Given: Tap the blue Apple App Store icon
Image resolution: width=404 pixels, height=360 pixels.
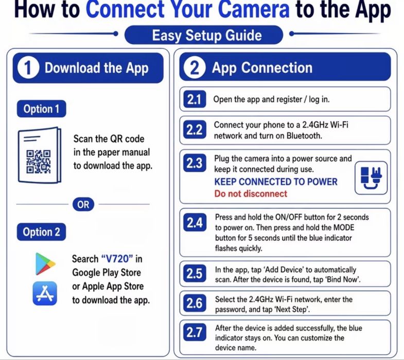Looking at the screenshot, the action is [x=45, y=293].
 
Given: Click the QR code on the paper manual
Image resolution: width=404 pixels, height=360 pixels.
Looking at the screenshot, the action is [x=39, y=161].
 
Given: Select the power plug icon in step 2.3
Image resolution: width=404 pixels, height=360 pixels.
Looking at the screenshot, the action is [x=371, y=177].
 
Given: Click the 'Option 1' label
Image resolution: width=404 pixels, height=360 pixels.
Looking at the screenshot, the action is [x=42, y=109].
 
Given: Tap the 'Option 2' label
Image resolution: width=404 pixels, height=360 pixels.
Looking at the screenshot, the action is [x=42, y=232].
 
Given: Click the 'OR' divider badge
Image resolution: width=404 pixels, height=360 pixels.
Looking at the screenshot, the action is [x=83, y=205].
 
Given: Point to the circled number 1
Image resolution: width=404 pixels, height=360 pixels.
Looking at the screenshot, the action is [x=28, y=68].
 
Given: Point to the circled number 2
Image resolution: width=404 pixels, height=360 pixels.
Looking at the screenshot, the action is [x=195, y=68].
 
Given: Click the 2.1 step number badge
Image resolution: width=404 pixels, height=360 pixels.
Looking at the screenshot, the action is [x=195, y=99].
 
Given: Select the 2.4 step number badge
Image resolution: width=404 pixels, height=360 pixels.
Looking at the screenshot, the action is [x=195, y=222].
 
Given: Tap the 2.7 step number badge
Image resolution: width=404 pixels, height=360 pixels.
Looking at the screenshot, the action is [x=195, y=332].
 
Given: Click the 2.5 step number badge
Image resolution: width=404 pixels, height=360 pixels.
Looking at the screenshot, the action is [x=195, y=273].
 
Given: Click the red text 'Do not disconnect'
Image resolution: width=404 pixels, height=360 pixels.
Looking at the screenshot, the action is [x=251, y=193].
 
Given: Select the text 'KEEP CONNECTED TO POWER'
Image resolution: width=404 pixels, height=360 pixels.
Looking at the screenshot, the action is [x=276, y=182].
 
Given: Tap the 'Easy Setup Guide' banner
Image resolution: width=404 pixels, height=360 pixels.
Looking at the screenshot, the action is [x=204, y=35].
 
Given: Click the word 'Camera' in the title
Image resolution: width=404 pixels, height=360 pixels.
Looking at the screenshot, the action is [x=254, y=9].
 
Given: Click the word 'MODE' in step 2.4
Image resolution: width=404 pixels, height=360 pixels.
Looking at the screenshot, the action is [x=344, y=227].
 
